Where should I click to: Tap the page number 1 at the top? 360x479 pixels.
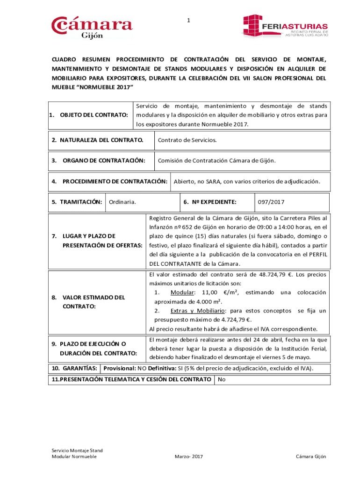[x=188, y=20]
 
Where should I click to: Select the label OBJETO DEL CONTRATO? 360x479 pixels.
[x=94, y=115]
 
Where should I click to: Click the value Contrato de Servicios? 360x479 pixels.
[x=187, y=140]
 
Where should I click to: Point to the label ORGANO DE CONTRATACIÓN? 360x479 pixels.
[x=104, y=160]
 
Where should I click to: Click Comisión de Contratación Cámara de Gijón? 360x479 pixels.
[x=217, y=160]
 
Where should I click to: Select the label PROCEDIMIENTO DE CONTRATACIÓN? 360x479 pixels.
[x=115, y=181]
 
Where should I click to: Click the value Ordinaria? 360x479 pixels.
[x=122, y=202]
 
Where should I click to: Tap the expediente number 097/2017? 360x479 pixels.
[x=271, y=202]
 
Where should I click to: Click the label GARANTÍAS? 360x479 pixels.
[x=75, y=368]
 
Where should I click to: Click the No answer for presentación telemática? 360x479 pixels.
[x=222, y=379]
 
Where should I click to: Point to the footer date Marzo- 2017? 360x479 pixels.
[x=188, y=456]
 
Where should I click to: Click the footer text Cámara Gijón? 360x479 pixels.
[x=311, y=456]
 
